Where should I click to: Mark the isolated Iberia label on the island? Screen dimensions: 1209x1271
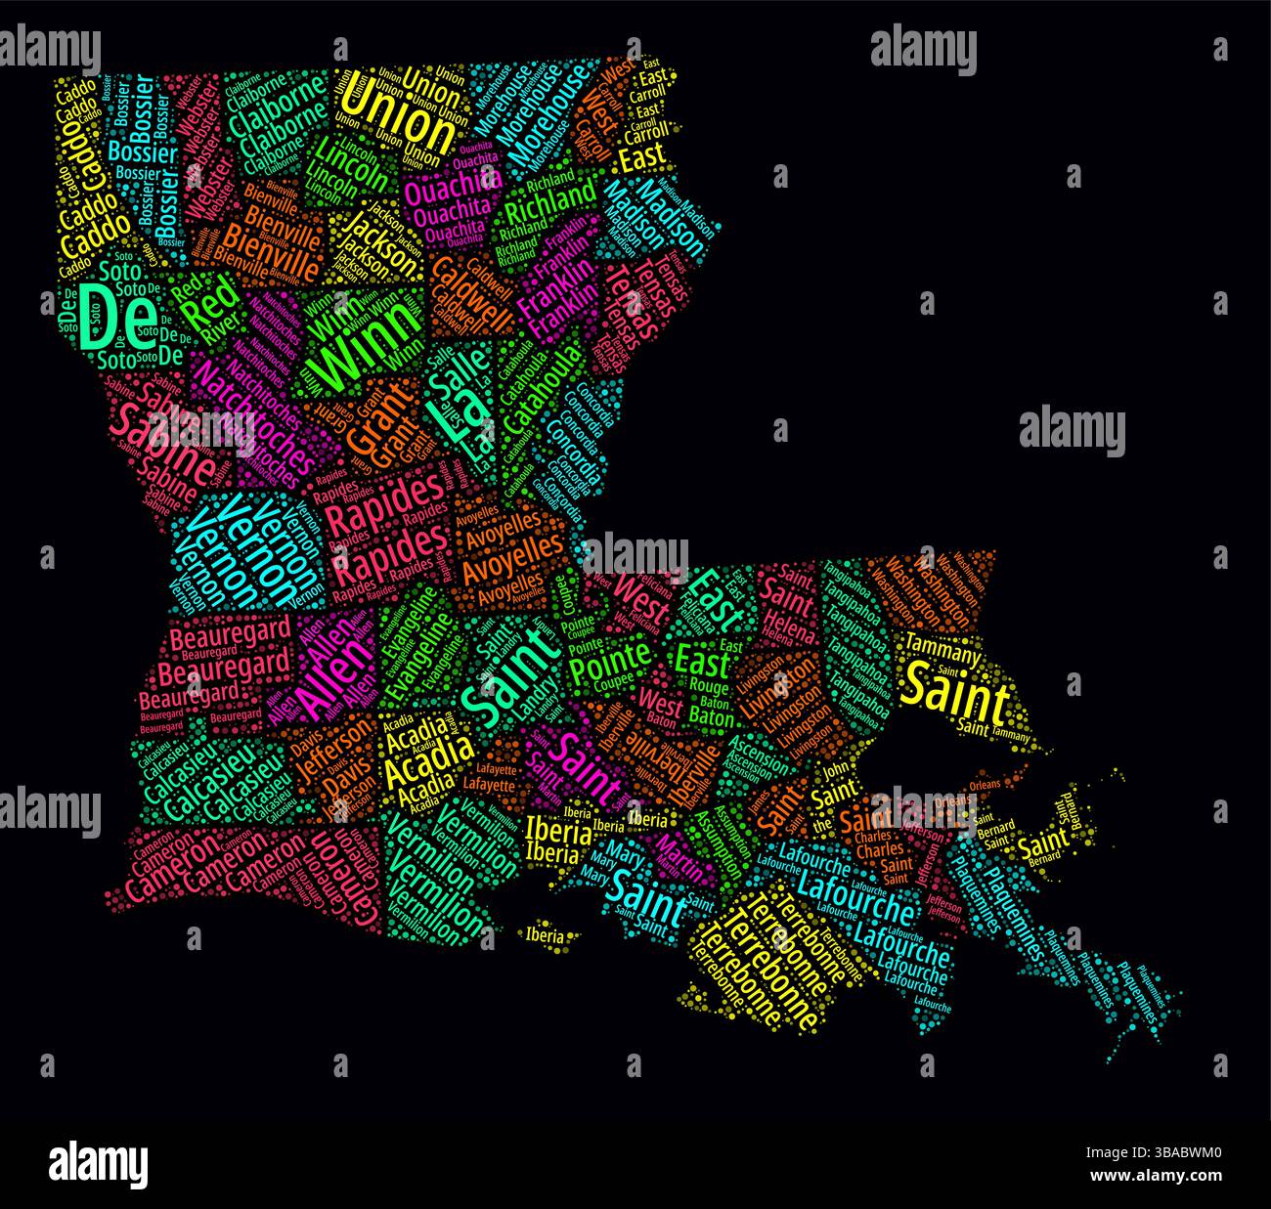545,935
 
